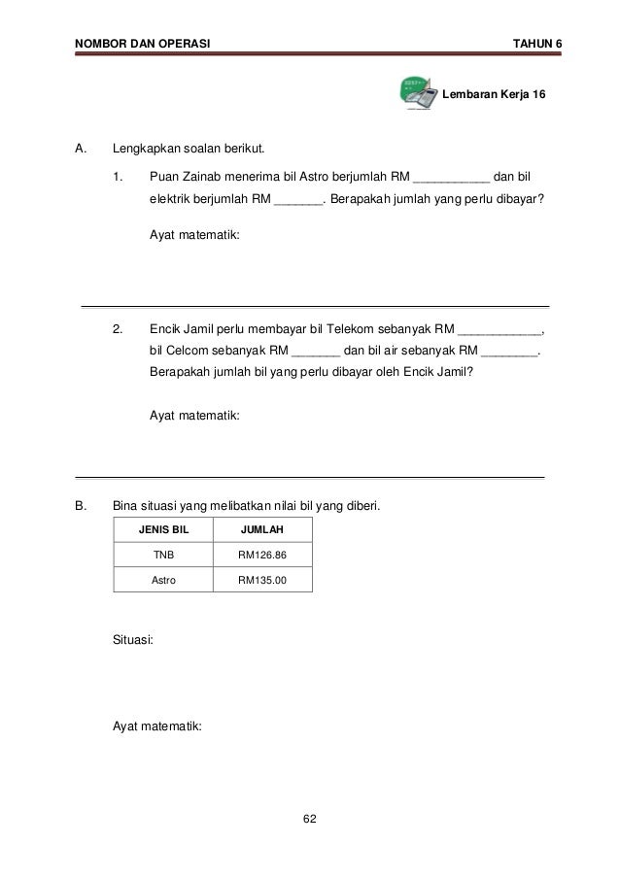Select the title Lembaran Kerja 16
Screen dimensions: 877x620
tap(494, 95)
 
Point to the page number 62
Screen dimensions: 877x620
tap(309, 821)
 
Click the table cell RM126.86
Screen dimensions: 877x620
tap(262, 555)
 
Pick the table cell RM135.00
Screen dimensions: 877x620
tap(262, 580)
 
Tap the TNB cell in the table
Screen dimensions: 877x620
tap(164, 555)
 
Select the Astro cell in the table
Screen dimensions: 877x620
tap(164, 580)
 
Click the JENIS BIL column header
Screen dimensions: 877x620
tap(164, 530)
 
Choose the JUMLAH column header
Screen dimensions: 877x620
tap(262, 530)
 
